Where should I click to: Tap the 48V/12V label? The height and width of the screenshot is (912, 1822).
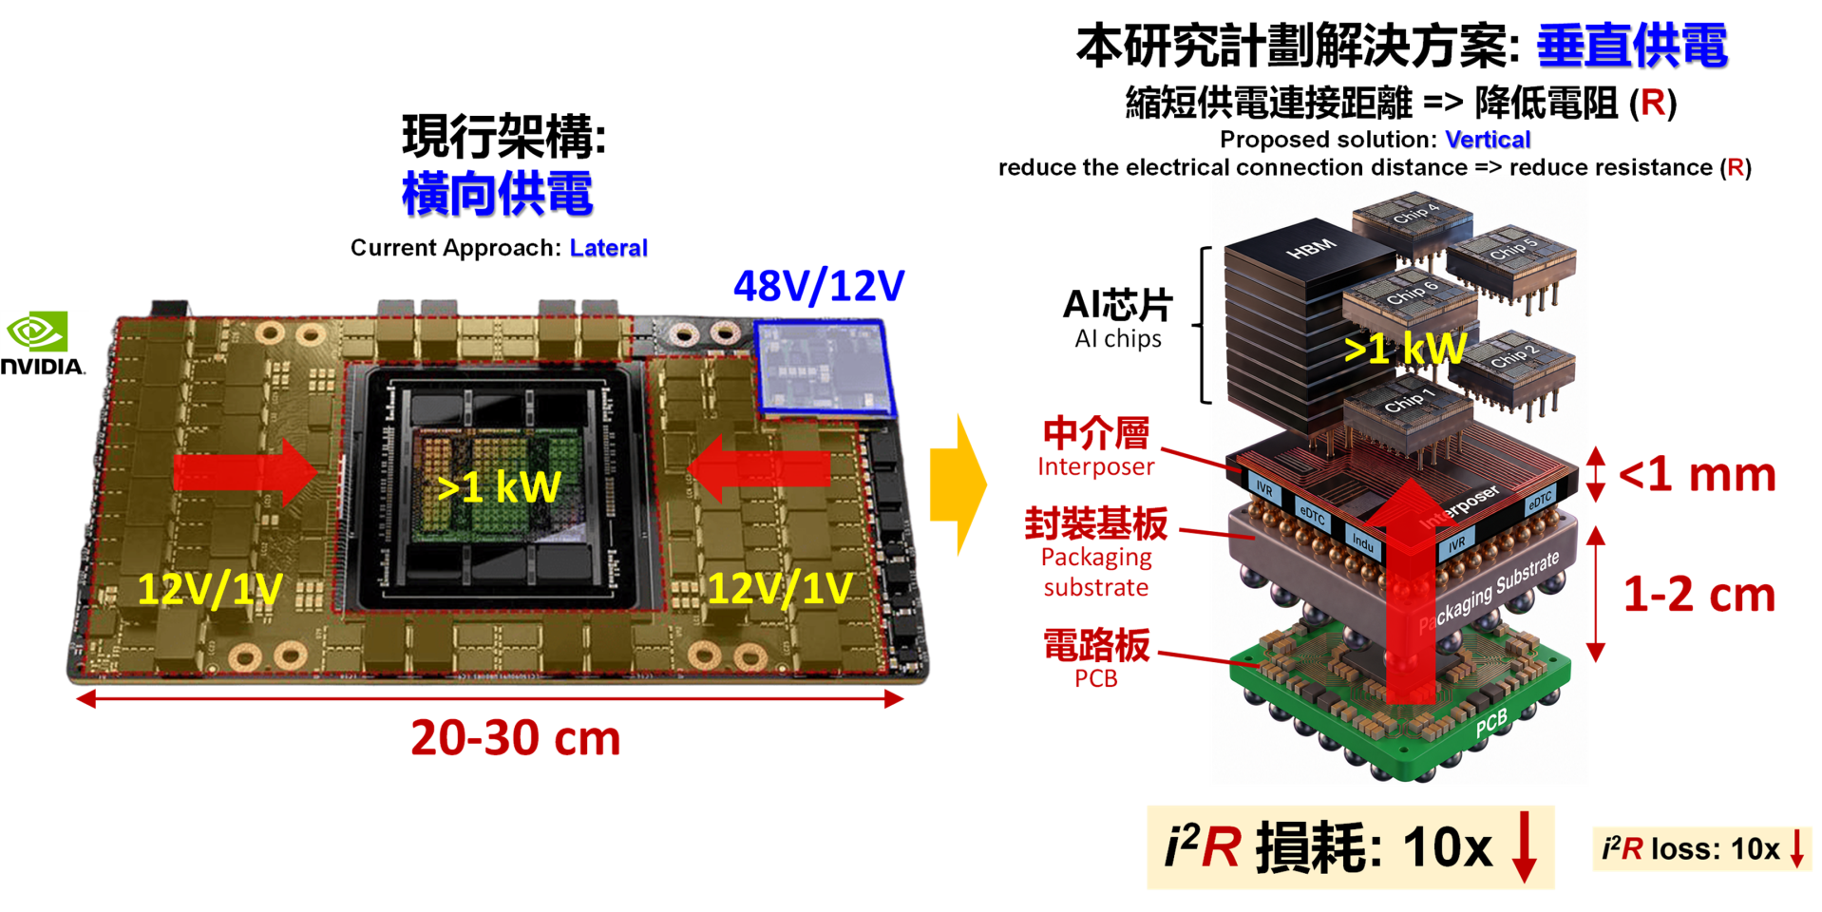click(819, 286)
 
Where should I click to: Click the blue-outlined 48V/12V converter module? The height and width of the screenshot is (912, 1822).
click(825, 369)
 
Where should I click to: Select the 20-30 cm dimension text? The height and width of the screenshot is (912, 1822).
click(516, 738)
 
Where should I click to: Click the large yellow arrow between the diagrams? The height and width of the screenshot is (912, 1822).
click(958, 484)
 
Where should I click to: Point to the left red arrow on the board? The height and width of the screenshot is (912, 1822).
click(245, 471)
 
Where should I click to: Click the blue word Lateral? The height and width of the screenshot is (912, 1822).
click(609, 248)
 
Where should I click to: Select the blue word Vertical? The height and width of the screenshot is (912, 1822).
click(1488, 140)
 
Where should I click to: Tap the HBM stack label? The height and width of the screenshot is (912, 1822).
click(1311, 249)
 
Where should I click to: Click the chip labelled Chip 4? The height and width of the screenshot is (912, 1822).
click(1414, 224)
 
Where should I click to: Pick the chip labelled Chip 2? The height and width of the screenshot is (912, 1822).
click(1513, 368)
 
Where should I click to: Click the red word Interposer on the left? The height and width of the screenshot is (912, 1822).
click(1095, 466)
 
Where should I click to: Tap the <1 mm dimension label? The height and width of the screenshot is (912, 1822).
click(1697, 474)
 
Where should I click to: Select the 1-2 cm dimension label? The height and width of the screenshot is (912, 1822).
click(1699, 595)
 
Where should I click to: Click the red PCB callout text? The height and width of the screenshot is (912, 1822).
click(1096, 678)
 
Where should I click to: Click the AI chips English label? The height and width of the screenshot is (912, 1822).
click(1118, 339)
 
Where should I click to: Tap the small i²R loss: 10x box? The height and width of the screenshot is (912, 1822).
click(1702, 848)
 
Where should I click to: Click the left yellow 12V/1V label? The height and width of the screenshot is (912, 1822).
click(210, 589)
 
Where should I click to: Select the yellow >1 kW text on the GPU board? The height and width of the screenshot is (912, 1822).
click(499, 487)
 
